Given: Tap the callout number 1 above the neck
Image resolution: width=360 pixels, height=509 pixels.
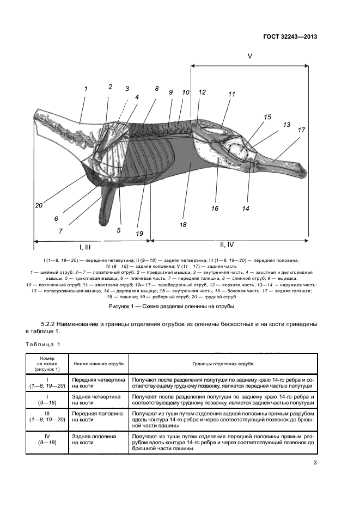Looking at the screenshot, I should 86,88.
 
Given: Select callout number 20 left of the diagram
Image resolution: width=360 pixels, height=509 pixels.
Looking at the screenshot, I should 38,205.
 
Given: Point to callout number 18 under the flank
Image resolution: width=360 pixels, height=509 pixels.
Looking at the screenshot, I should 182,224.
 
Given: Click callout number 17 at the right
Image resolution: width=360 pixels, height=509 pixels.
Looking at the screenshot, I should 301,130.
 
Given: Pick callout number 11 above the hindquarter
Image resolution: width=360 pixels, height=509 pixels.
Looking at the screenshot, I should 231,94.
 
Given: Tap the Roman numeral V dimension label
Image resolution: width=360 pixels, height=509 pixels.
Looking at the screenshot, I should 250,56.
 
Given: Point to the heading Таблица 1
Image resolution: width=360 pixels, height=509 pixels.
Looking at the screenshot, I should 43,344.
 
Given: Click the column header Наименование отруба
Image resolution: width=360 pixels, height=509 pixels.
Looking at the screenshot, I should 99,363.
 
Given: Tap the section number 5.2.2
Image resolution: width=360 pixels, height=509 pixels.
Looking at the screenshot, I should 51,324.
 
